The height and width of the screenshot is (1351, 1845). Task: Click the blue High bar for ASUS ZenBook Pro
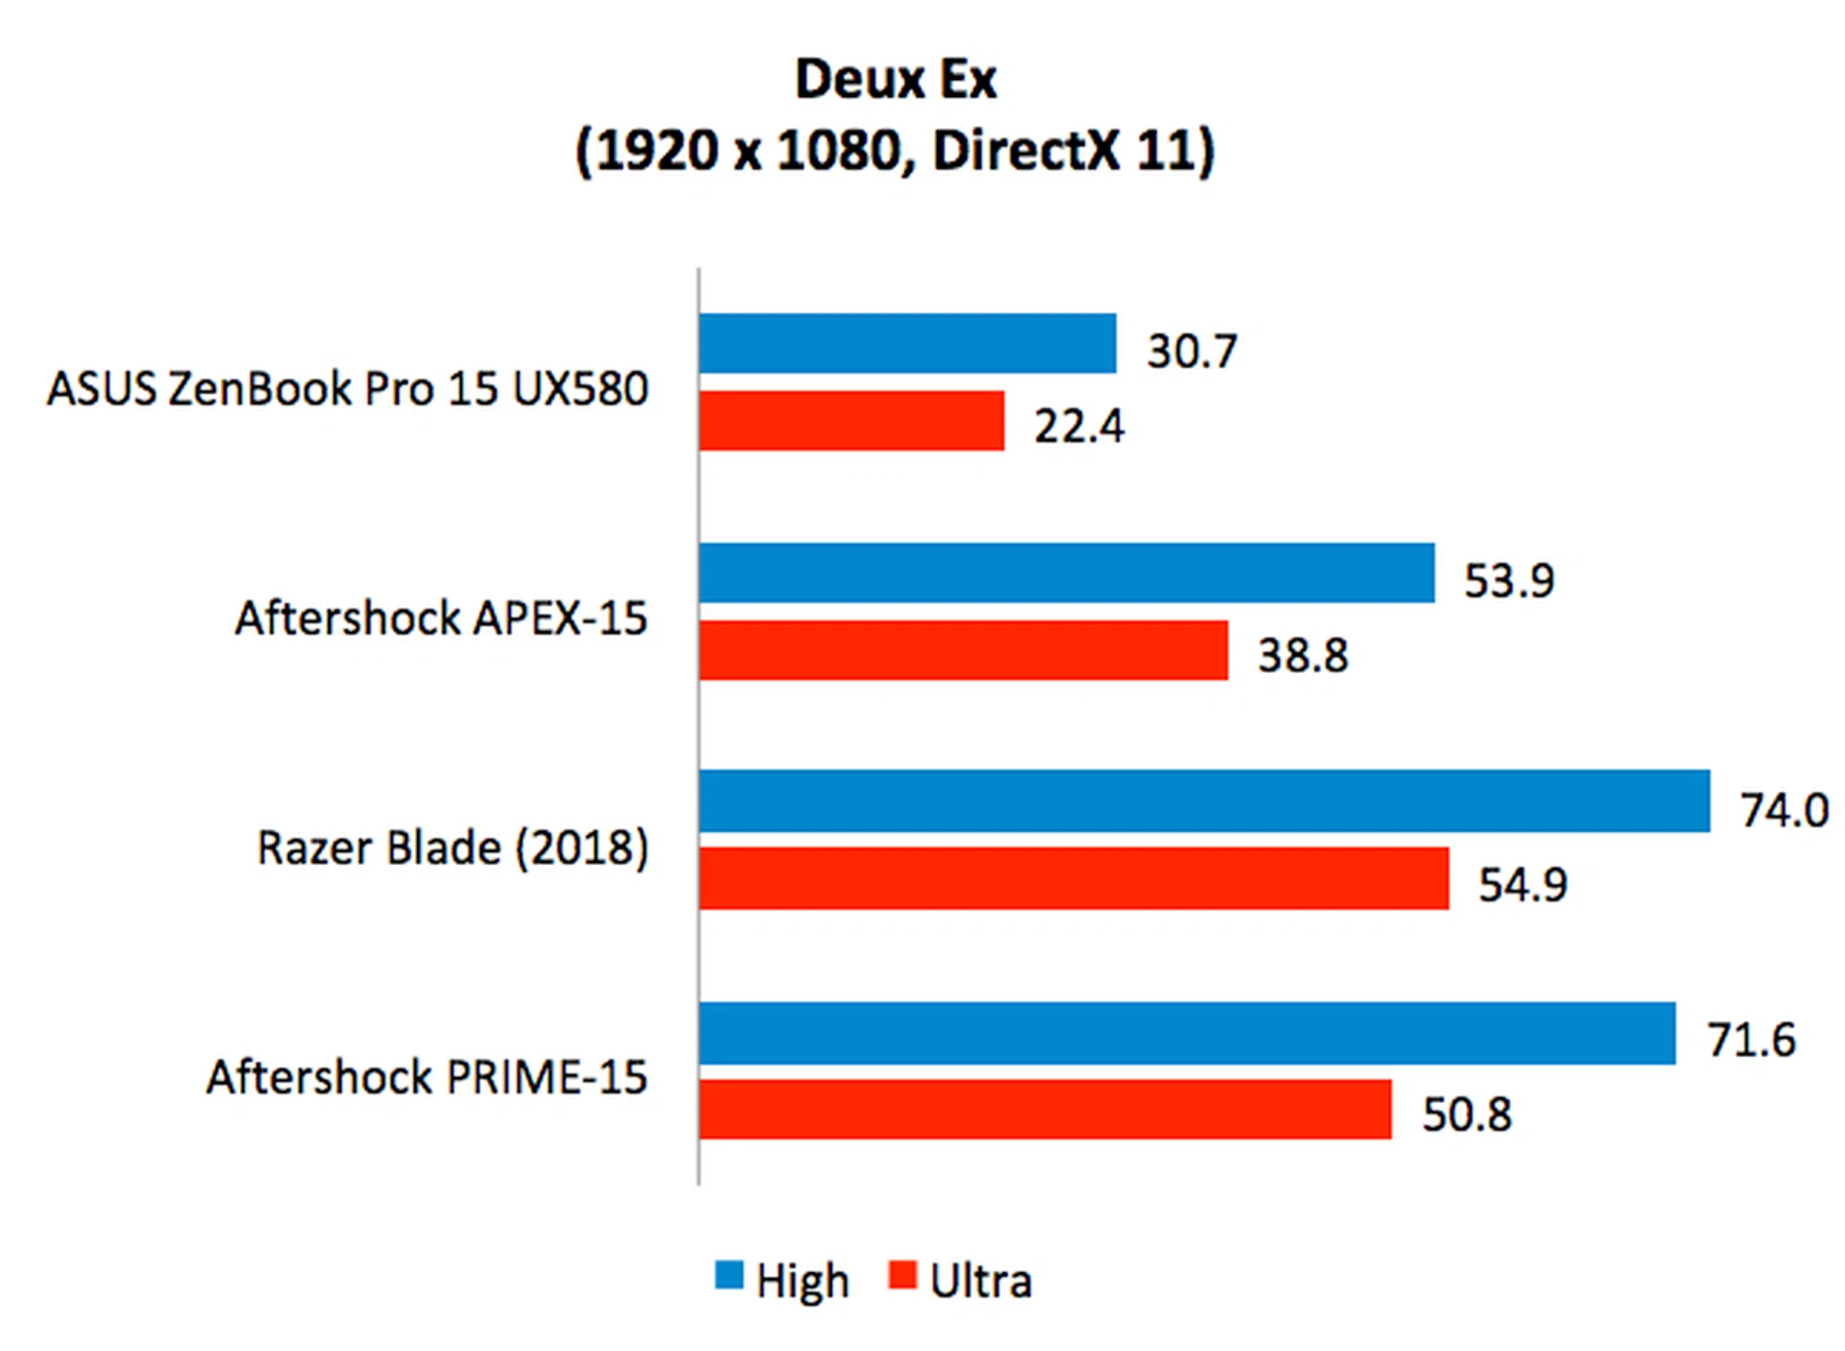pos(907,343)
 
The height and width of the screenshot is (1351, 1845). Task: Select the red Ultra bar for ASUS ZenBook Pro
pos(851,420)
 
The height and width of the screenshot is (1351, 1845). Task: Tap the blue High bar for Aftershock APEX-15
pos(1067,573)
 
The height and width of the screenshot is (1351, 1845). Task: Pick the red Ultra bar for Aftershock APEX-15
pos(963,650)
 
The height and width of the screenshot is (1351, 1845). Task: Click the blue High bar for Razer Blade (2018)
pos(1204,800)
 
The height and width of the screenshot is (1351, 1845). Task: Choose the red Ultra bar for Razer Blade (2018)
pos(1073,877)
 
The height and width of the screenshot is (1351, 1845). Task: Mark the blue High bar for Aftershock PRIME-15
pos(1187,1033)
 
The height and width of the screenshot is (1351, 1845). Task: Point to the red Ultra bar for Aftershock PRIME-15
pos(1045,1109)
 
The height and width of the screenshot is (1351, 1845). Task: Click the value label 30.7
pos(1192,351)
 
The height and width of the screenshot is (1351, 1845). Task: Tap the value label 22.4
pos(1078,427)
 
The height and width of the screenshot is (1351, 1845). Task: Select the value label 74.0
pos(1783,810)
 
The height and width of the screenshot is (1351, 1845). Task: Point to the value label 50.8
pos(1466,1115)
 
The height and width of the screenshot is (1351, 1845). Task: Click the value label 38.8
pos(1303,655)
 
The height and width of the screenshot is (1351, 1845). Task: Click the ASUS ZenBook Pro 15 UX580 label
pos(348,389)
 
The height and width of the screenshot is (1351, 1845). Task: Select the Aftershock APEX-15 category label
pos(441,618)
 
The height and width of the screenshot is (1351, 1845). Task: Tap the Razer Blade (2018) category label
pos(453,847)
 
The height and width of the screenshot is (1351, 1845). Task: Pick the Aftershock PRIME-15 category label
pos(427,1077)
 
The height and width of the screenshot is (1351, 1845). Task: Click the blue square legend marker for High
pos(729,1275)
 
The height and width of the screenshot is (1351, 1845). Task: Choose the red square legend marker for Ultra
pos(902,1275)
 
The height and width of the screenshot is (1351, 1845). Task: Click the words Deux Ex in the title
pos(896,79)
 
